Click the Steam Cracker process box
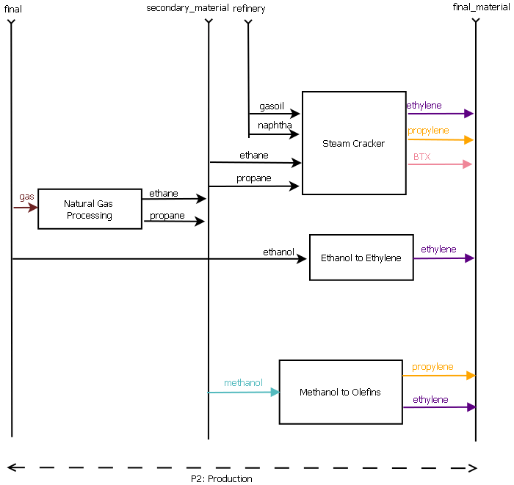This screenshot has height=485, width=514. pyautogui.click(x=353, y=143)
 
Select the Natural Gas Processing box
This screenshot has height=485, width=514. pyautogui.click(x=90, y=210)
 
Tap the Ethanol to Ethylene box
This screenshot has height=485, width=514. pyautogui.click(x=361, y=258)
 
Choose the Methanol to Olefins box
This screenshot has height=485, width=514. pyautogui.click(x=340, y=393)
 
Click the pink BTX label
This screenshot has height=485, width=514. pyautogui.click(x=421, y=157)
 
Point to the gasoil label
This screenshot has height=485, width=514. pyautogui.click(x=271, y=106)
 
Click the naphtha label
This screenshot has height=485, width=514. pyautogui.click(x=274, y=125)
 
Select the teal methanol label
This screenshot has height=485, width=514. pyautogui.click(x=243, y=383)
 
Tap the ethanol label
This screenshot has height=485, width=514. pyautogui.click(x=278, y=252)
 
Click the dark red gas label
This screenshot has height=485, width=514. pyautogui.click(x=26, y=197)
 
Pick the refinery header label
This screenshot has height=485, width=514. pyautogui.click(x=249, y=9)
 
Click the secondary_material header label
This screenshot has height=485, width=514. pyautogui.click(x=187, y=9)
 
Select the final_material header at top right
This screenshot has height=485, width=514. pyautogui.click(x=481, y=7)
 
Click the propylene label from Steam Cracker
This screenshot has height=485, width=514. pyautogui.click(x=428, y=131)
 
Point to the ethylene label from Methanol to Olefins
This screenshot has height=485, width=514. pyautogui.click(x=430, y=400)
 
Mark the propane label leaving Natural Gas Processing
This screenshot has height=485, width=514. pyautogui.click(x=167, y=216)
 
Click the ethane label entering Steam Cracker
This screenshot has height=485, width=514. pyautogui.click(x=253, y=156)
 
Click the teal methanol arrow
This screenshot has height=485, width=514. pyautogui.click(x=243, y=393)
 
